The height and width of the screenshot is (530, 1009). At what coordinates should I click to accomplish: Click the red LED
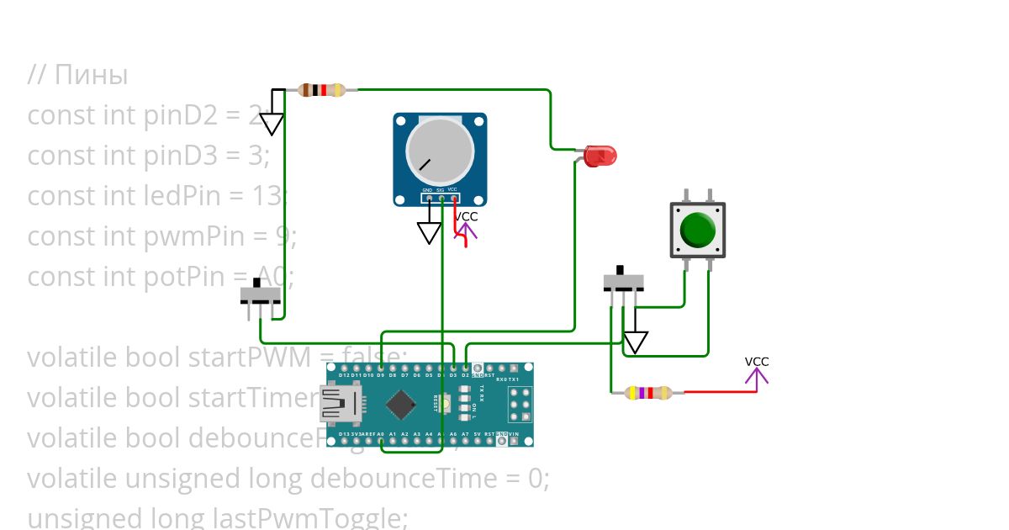[x=600, y=155]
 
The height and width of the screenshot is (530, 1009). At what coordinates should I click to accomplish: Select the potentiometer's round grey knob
[x=440, y=151]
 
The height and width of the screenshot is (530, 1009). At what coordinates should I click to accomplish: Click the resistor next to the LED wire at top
[x=322, y=90]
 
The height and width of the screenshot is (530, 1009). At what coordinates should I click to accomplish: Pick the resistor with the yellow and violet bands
[x=648, y=392]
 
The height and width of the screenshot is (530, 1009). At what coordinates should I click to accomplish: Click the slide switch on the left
[x=260, y=296]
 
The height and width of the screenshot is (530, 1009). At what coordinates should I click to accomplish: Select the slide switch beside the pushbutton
[x=624, y=284]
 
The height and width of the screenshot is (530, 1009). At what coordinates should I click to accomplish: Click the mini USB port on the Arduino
[x=335, y=405]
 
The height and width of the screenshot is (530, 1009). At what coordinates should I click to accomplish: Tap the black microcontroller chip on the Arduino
[x=400, y=406]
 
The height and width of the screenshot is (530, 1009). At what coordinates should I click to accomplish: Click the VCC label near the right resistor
[x=757, y=362]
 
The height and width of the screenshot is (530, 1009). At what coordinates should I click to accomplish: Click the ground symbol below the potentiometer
[x=430, y=232]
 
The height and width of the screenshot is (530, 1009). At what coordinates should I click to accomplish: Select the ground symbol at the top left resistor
[x=271, y=124]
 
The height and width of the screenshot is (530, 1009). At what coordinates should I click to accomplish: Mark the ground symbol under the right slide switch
[x=636, y=342]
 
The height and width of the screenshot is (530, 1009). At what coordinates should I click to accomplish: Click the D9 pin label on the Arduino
[x=381, y=375]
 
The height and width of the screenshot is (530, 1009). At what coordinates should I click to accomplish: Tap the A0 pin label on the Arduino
[x=381, y=434]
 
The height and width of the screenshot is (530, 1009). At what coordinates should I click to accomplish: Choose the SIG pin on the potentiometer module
[x=441, y=191]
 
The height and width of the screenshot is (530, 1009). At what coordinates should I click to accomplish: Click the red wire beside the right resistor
[x=715, y=392]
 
